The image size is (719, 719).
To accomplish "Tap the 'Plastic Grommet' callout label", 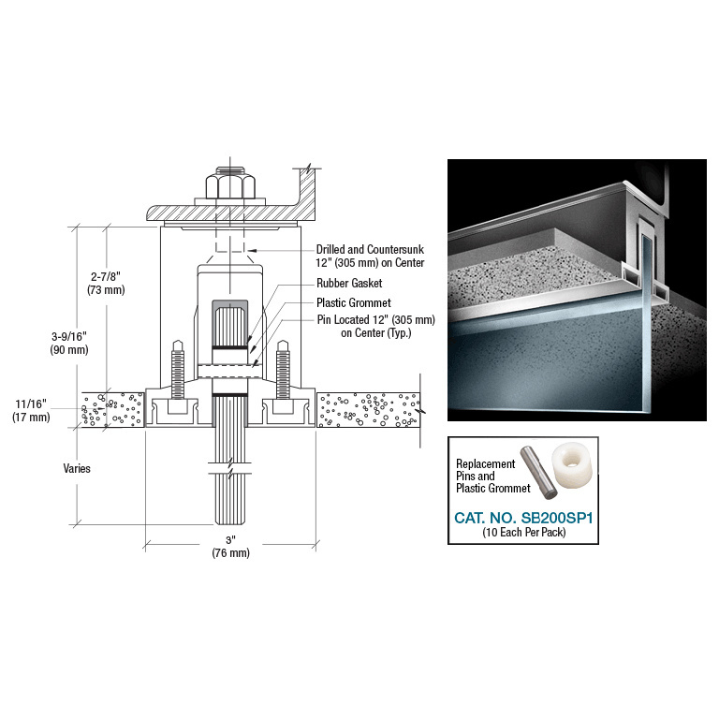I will (x=354, y=302).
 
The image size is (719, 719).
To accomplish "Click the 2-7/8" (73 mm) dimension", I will (x=107, y=283).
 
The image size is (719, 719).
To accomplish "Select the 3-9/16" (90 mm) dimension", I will (x=69, y=343).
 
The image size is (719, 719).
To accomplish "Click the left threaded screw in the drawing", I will (x=174, y=362).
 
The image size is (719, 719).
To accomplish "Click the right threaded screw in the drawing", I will (x=283, y=362).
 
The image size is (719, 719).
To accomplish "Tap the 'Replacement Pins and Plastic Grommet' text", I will (x=485, y=476).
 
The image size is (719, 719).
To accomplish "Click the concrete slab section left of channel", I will (x=112, y=409).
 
